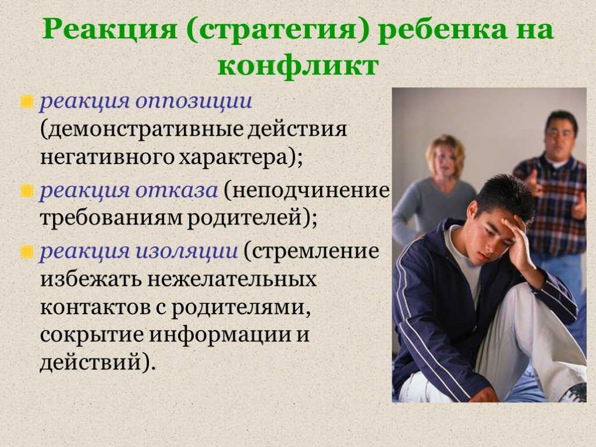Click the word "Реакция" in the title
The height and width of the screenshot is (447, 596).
click(109, 30)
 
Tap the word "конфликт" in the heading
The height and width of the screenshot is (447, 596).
click(298, 66)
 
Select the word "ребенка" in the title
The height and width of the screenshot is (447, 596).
click(443, 29)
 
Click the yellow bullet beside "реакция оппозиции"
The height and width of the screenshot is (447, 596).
click(27, 102)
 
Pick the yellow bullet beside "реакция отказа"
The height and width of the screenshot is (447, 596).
click(27, 191)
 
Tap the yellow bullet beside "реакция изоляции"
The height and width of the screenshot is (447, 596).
click(27, 251)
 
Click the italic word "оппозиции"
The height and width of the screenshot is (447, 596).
click(194, 102)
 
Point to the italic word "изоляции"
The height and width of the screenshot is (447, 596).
click(187, 251)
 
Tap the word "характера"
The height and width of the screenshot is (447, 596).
click(233, 157)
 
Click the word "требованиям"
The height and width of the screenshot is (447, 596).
click(110, 218)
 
